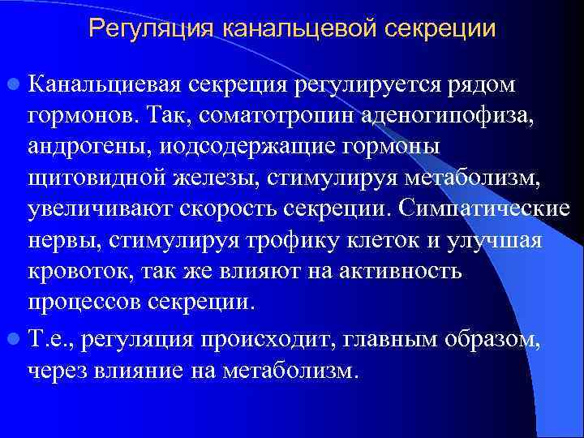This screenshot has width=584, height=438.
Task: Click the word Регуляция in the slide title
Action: [148, 29]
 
